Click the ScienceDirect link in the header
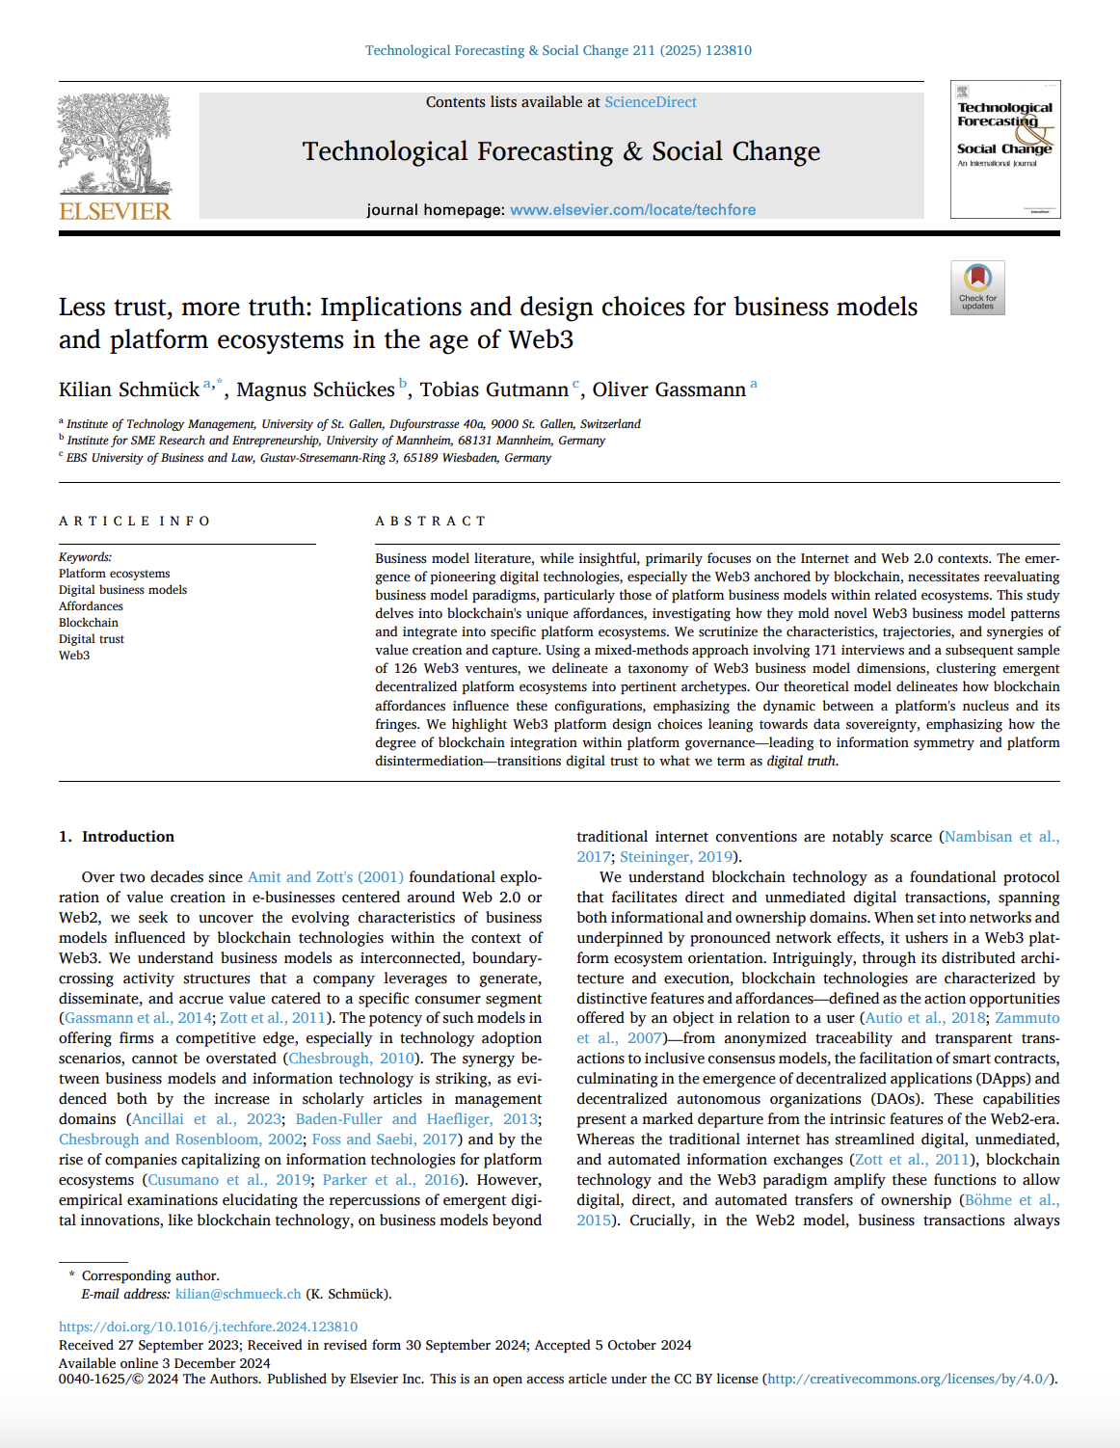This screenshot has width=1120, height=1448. [650, 102]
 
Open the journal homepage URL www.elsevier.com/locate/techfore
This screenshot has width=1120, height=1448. [632, 210]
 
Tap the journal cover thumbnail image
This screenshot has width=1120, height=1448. [1004, 149]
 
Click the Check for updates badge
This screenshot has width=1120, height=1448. [977, 287]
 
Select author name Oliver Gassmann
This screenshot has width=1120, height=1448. [669, 389]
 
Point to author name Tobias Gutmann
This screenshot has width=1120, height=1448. [493, 389]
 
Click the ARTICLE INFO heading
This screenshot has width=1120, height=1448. [134, 522]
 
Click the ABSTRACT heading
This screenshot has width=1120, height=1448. [430, 522]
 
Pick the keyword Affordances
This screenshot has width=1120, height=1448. [91, 606]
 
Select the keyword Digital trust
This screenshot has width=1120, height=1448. [91, 639]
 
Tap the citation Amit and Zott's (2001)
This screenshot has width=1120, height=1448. [325, 877]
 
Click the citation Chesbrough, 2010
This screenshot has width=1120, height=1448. [352, 1059]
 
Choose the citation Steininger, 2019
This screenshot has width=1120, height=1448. [676, 857]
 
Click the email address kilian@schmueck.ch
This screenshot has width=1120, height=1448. [238, 1294]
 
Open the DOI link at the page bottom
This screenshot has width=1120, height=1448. [208, 1327]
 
